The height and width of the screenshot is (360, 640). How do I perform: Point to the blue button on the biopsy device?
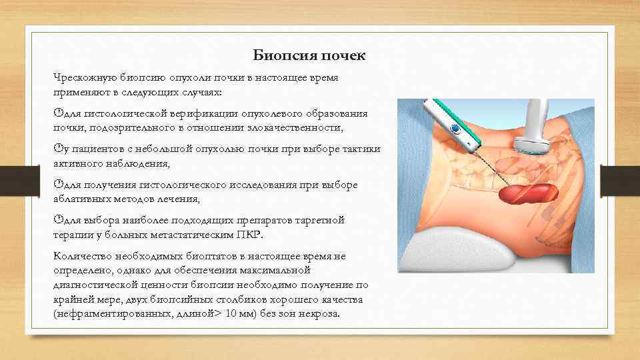[x=455, y=128]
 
